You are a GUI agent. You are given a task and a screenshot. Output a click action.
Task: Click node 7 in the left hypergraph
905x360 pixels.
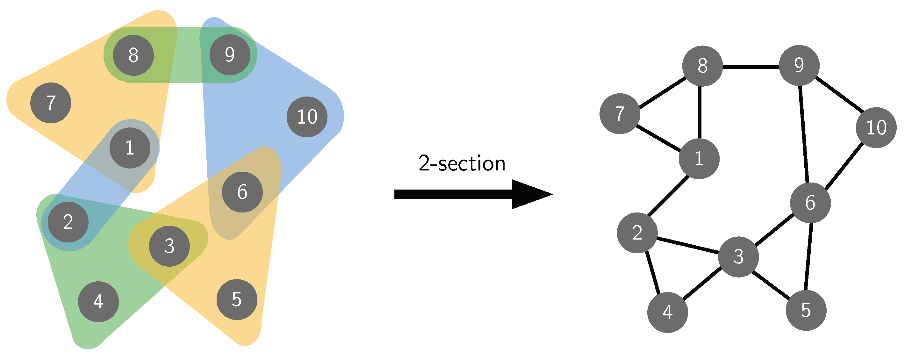click(51, 103)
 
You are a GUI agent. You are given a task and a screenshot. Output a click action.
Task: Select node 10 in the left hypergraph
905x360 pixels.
click(307, 117)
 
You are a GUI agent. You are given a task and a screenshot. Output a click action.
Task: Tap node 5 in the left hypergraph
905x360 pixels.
click(237, 299)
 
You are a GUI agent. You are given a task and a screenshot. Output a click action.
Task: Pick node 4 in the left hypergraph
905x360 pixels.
click(98, 302)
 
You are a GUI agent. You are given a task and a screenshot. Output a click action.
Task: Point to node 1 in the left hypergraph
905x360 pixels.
click(130, 148)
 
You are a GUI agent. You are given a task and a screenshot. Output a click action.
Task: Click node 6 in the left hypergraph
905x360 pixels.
click(242, 192)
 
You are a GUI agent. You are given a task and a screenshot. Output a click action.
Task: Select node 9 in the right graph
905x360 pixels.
click(799, 65)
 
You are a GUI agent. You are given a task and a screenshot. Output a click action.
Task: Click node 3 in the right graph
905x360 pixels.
click(738, 257)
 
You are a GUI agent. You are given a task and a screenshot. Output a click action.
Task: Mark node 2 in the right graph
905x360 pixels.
click(637, 233)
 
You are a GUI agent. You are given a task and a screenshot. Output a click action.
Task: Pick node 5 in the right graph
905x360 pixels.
click(806, 310)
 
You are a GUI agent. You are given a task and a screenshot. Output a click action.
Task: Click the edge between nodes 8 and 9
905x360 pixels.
click(751, 66)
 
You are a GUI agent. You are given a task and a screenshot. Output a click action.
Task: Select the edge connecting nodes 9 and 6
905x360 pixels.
click(804, 133)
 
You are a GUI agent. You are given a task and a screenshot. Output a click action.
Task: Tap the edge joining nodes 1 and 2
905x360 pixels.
click(668, 196)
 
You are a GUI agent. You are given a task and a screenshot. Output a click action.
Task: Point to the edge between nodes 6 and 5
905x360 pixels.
click(808, 256)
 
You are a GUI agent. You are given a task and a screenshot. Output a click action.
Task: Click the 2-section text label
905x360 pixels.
click(462, 164)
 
